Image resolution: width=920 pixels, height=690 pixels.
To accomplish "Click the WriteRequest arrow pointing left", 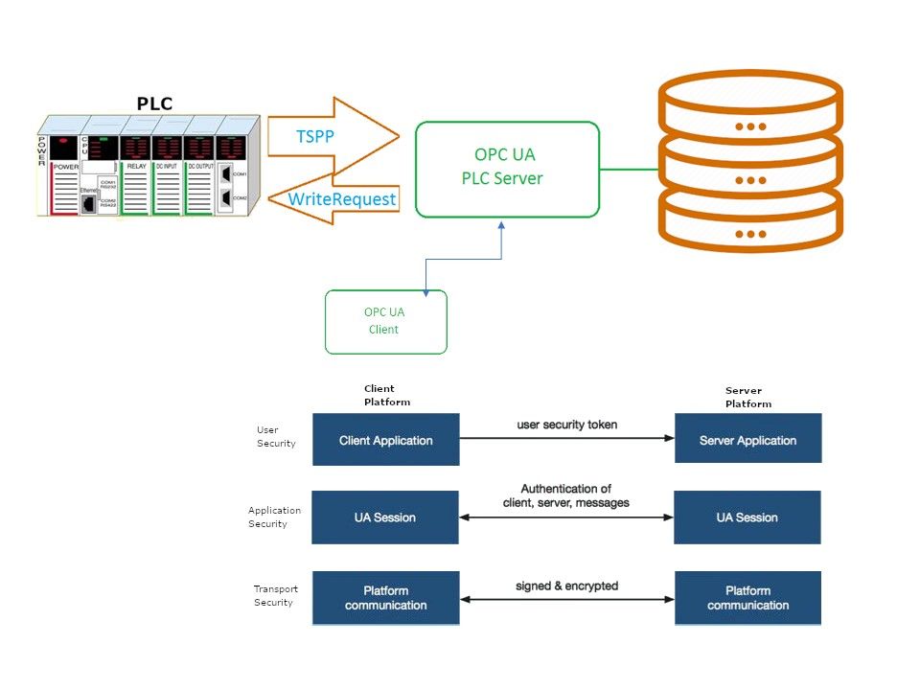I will pos(340,200).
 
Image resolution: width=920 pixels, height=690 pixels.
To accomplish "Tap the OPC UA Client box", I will pos(386,322).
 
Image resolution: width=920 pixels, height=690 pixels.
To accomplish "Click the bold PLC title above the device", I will pos(154,103).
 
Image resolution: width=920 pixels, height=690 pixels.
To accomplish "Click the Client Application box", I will pos(386,440).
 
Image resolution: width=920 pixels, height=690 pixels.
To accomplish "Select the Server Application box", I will pos(747,440).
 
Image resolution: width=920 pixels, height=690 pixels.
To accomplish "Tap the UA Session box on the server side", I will pos(747,517).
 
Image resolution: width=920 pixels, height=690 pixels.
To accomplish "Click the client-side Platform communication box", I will pos(386,598).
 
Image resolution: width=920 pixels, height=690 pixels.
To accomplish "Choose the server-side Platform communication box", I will pos(747,598).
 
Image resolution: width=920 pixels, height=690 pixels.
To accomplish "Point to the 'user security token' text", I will pos(566,425).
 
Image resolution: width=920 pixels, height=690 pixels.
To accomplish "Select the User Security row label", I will pos(276,437).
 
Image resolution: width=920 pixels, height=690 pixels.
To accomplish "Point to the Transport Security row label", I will pos(275,595).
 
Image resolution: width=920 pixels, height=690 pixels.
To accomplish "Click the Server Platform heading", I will pos(748,397).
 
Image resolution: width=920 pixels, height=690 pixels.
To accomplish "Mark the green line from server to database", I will pos(629,170).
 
